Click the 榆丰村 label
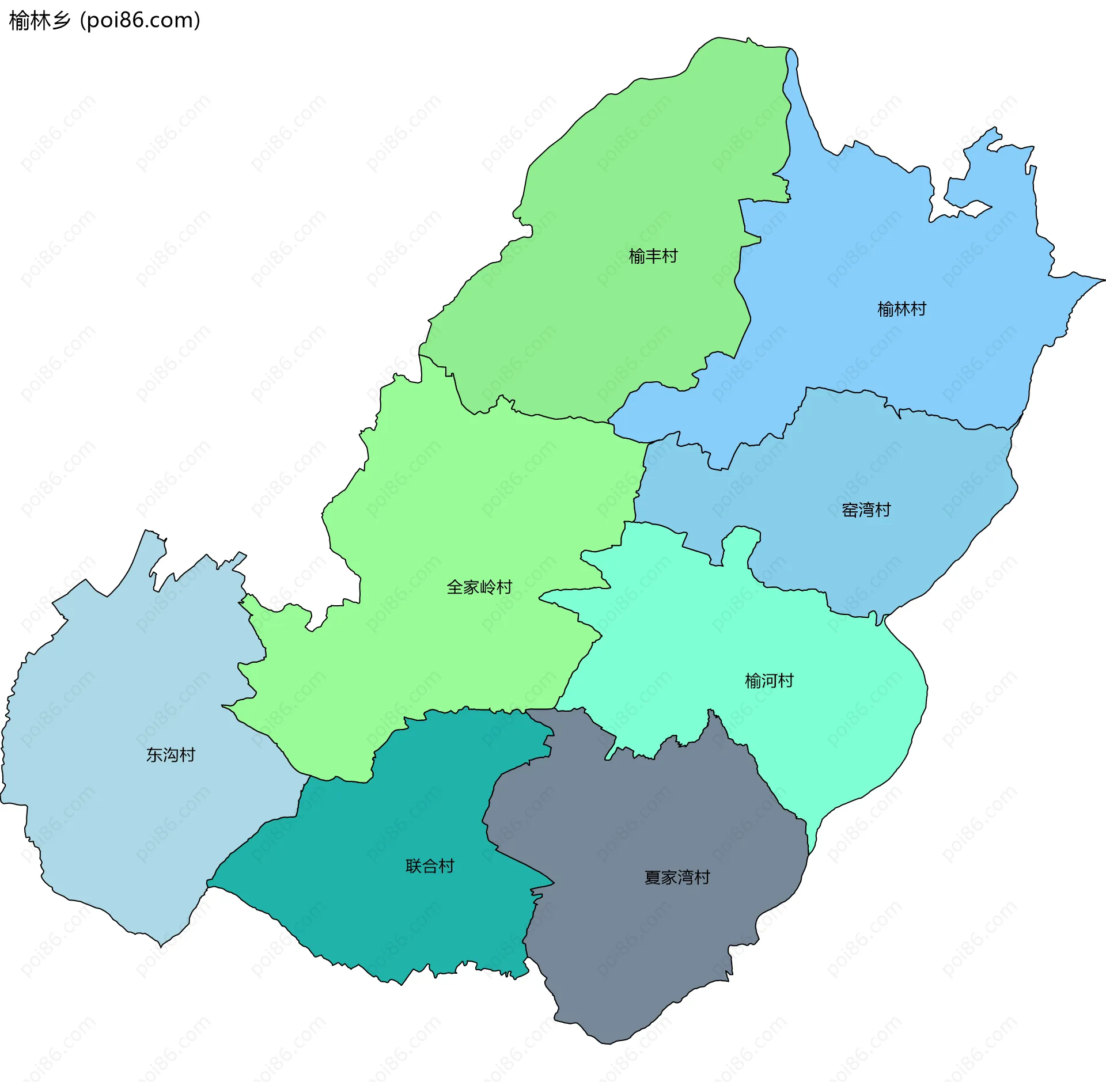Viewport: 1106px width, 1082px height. coord(653,256)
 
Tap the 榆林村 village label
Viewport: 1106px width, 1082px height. coord(902,309)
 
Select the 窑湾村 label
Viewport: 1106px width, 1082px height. coord(866,510)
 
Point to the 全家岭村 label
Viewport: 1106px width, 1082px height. coord(479,587)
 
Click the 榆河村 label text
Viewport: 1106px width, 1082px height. coord(769,681)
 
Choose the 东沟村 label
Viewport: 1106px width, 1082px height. coord(171,755)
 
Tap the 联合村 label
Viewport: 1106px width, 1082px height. coord(430,866)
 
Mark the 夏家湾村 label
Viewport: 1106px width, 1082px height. coord(677,878)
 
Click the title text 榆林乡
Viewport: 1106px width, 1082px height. coord(39,21)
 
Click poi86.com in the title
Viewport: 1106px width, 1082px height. coord(140,21)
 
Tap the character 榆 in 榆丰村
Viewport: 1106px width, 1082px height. coord(637,256)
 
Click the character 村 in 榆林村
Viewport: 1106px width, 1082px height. coord(918,309)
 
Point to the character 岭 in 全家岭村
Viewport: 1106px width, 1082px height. coord(488,587)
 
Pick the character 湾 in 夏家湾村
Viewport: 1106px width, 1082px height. coord(685,878)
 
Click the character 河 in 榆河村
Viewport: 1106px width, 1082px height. coord(769,681)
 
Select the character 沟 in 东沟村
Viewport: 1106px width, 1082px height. coord(171,755)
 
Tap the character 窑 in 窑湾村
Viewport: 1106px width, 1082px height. coord(850,510)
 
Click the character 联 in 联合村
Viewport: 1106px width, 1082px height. coord(414,866)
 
